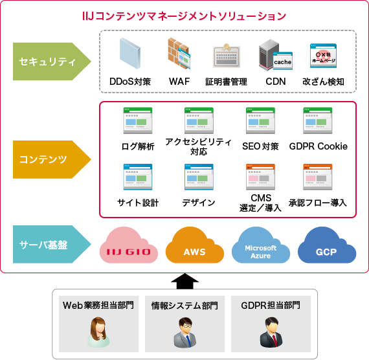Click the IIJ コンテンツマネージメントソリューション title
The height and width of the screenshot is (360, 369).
(185, 15)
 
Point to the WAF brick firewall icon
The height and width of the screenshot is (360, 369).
(179, 55)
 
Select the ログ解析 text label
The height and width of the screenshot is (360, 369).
(138, 146)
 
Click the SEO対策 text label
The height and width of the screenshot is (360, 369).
(260, 146)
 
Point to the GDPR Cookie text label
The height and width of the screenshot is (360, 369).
(319, 146)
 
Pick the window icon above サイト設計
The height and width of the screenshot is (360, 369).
(138, 177)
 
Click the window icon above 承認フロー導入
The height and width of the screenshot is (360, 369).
(318, 177)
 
